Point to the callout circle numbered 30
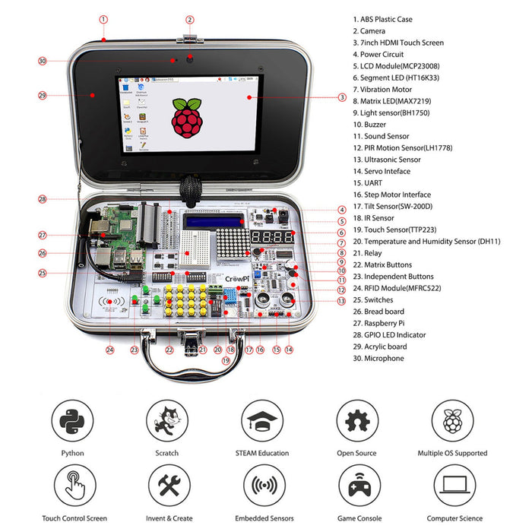(x=43, y=61)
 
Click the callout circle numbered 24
(x=110, y=350)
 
